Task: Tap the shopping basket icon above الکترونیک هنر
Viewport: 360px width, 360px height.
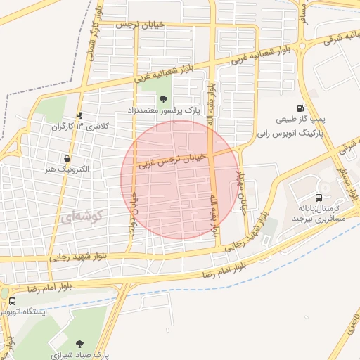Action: [66, 158]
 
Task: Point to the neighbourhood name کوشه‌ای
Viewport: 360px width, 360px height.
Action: [81, 218]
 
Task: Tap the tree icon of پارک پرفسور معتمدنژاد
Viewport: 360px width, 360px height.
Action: [163, 99]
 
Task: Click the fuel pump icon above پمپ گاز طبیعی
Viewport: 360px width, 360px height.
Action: [301, 109]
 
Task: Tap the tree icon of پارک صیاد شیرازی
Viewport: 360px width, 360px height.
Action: [79, 344]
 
